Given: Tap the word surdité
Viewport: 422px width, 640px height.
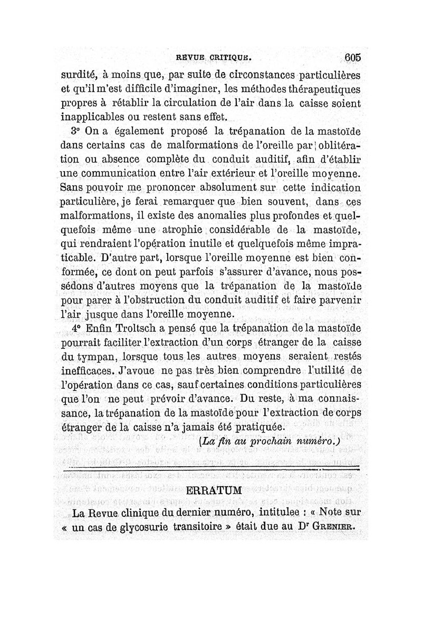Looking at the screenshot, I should click(76, 74).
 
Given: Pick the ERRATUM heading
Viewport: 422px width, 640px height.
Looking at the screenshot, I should click(214, 491).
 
